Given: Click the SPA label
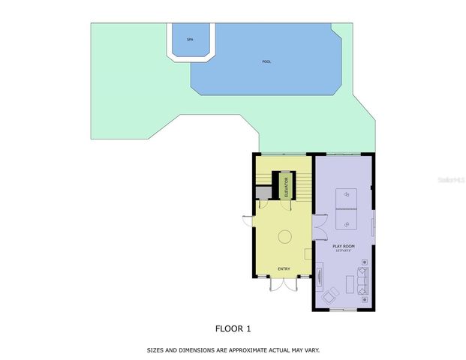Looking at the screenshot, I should [x=190, y=39].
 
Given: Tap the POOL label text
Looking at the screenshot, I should [x=267, y=61].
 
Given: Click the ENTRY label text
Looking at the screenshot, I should [x=284, y=269].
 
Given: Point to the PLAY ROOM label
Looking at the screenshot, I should [x=343, y=246].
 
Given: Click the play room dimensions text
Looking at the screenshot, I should [x=343, y=251].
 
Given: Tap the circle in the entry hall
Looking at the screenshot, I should [x=285, y=237].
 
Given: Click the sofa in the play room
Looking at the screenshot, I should [x=363, y=280].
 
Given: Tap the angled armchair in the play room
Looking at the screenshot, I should [x=329, y=298].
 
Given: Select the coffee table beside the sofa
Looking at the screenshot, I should [x=349, y=284].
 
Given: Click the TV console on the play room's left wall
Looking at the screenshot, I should [x=320, y=273].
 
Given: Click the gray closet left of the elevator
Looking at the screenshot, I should [x=263, y=193].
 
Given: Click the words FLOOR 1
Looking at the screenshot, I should [x=233, y=328].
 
